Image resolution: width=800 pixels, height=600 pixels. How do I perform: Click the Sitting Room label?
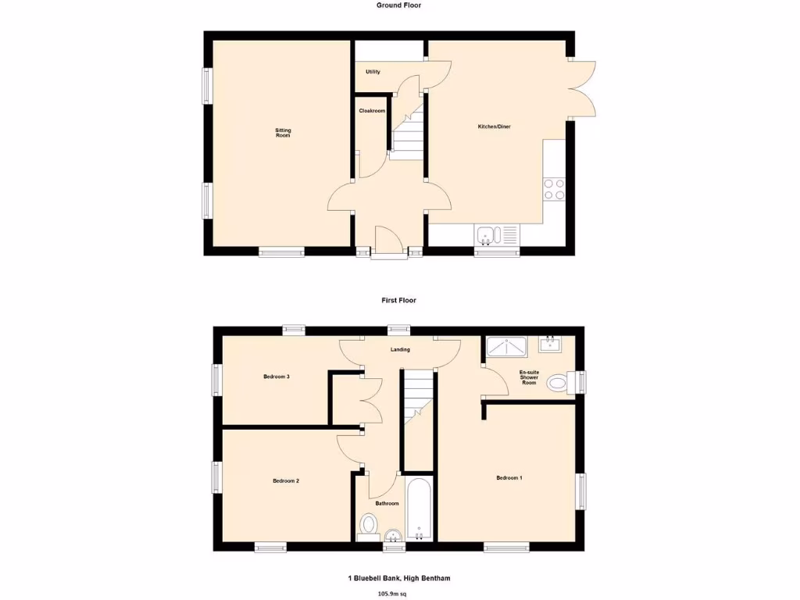click(283, 133)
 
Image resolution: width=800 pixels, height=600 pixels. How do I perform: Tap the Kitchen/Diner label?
click(495, 127)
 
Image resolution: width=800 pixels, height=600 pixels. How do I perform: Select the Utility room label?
click(373, 72)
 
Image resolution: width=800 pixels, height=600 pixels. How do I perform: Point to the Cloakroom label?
click(372, 111)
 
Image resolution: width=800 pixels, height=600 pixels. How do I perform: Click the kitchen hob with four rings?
click(554, 189)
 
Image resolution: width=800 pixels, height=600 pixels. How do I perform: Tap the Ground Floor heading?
click(399, 5)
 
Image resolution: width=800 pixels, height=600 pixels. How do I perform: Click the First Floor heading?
click(399, 300)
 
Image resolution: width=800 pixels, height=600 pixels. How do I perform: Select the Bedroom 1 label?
click(509, 477)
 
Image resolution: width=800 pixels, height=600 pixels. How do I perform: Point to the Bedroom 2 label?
click(286, 481)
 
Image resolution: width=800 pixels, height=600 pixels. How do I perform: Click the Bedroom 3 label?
click(277, 377)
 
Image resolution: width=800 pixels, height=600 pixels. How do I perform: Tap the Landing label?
click(400, 349)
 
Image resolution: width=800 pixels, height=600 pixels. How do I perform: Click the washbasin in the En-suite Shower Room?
click(551, 344)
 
